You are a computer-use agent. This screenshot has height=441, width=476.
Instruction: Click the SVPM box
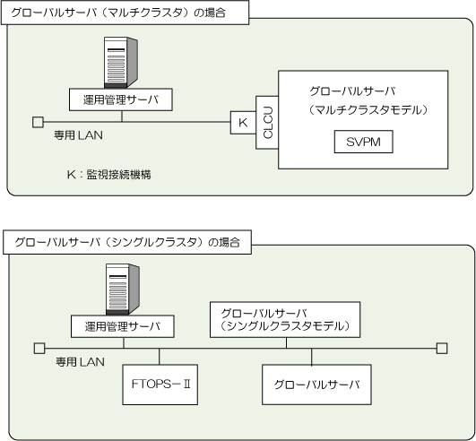[x=363, y=142]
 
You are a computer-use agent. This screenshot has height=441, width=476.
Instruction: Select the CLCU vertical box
[x=267, y=123]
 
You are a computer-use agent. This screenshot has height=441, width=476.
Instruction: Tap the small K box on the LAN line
[x=243, y=123]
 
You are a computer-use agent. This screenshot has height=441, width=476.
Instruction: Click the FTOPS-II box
[x=160, y=385]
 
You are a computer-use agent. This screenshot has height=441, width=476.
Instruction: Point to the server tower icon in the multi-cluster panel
[x=120, y=62]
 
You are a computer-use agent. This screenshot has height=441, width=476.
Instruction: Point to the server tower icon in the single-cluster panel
[x=122, y=290]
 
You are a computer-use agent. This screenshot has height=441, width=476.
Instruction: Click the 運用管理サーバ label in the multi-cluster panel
[x=121, y=99]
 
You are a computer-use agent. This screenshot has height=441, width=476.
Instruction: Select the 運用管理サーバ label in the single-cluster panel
[x=123, y=326]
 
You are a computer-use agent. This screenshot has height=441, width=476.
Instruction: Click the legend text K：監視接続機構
[x=109, y=175]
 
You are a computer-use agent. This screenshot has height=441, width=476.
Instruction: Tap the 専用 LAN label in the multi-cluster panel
[x=78, y=135]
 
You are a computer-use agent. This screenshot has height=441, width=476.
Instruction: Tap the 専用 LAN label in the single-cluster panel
[x=80, y=362]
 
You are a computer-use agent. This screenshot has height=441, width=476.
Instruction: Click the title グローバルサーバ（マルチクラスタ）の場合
[x=118, y=13]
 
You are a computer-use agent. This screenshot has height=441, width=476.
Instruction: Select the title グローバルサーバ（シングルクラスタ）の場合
[x=127, y=242]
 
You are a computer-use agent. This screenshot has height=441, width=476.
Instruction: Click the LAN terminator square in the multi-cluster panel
[x=38, y=122]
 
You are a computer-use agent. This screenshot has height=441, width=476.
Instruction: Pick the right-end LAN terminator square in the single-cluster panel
[x=442, y=349]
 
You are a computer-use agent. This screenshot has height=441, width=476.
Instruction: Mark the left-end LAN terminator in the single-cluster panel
[x=39, y=349]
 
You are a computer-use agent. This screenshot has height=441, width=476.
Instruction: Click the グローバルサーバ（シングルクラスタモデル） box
[x=285, y=320]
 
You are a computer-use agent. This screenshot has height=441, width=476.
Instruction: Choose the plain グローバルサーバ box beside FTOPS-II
[x=316, y=385]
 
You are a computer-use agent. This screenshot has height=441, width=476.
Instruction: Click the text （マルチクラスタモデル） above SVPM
[x=368, y=110]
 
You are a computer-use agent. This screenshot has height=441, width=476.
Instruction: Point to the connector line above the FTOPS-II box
[x=160, y=357]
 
